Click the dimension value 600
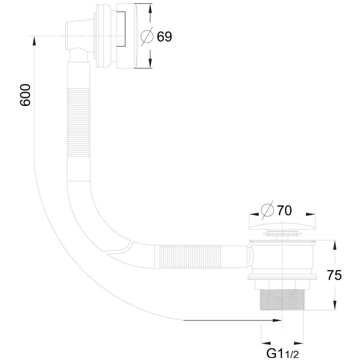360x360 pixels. point(25,95)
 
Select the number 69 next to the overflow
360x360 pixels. point(164,36)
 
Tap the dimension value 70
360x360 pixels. point(284,210)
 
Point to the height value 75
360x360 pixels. point(334,275)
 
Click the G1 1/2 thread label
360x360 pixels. point(283,354)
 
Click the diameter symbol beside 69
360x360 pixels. point(147,36)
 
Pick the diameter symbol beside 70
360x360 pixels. point(268,210)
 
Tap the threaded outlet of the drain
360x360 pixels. point(282,300)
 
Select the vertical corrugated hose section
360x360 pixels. point(78,122)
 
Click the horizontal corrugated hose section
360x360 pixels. point(190,256)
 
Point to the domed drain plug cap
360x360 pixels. point(282,226)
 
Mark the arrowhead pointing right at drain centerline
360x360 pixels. point(277,320)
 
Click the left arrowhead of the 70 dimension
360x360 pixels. point(254,214)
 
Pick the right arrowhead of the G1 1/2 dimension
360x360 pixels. point(299,343)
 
